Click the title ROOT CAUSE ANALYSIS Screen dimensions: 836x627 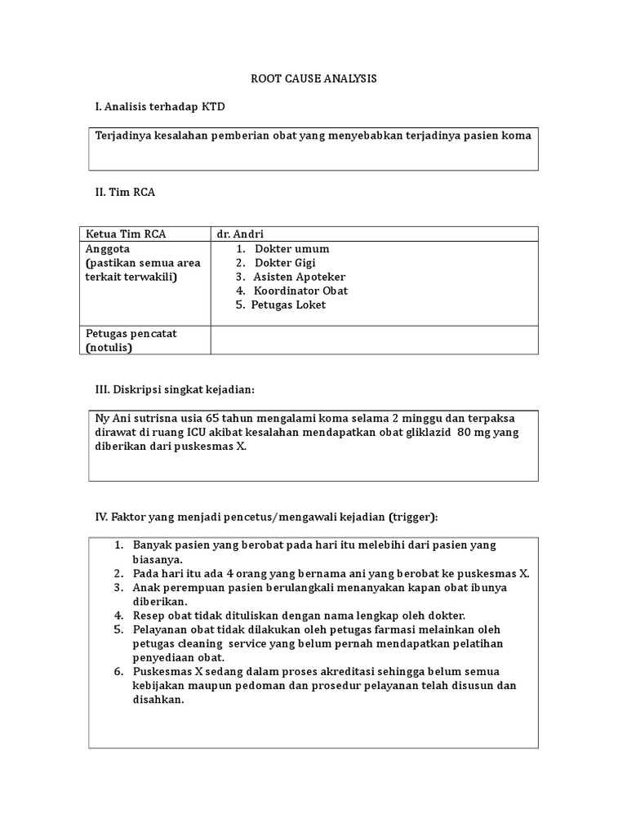pos(313,79)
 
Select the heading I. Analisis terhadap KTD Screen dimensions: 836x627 pos(160,107)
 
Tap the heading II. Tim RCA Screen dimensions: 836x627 pos(125,192)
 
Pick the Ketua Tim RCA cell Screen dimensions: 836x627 pos(126,234)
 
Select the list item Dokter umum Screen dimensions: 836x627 pos(291,249)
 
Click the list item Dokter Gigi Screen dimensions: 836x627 pos(285,263)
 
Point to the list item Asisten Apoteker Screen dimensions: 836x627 pos(299,277)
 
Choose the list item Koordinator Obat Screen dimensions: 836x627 pos(300,291)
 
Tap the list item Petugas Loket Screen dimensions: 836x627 pos(288,305)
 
